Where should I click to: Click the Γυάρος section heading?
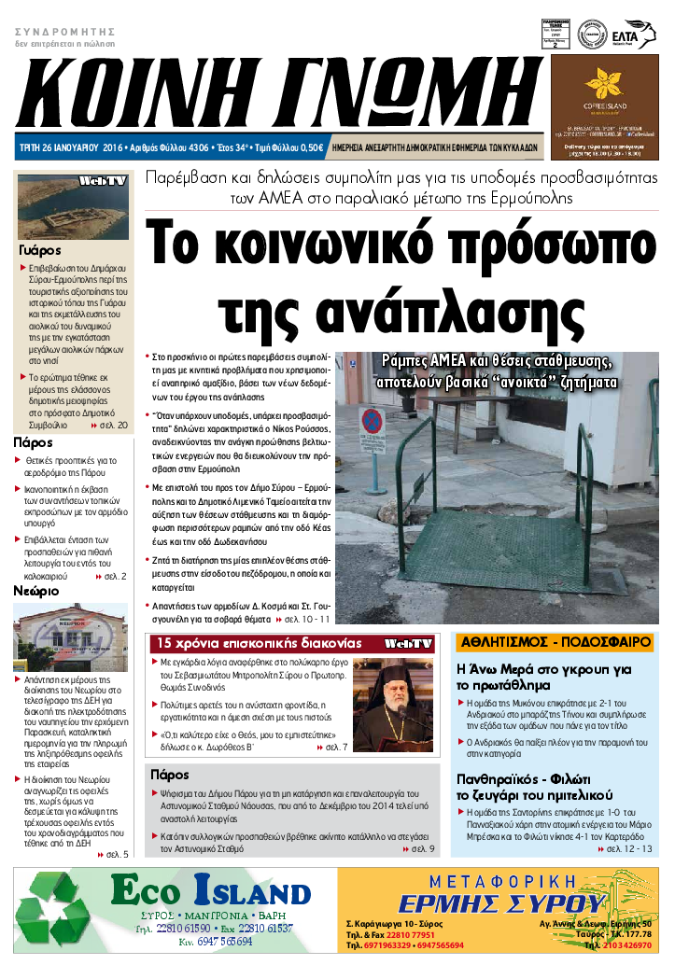tap(40, 250)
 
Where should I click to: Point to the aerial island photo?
tap(73, 206)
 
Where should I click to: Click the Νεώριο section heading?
tap(36, 591)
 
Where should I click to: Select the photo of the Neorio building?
tap(72, 636)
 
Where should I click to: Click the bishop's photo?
tap(393, 699)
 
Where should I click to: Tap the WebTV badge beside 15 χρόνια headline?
tap(409, 644)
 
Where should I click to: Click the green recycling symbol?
tap(59, 909)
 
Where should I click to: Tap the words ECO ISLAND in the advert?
tap(210, 892)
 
